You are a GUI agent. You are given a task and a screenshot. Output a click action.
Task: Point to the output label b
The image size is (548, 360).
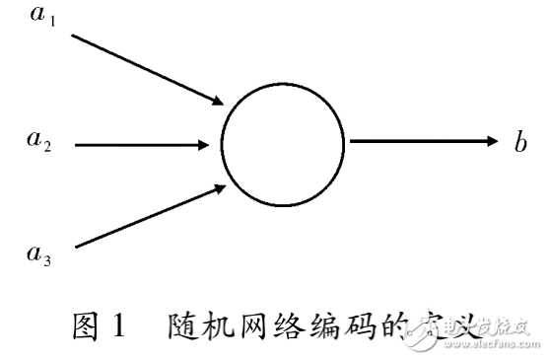pyautogui.click(x=519, y=142)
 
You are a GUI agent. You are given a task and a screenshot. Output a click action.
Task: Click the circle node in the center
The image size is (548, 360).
pyautogui.click(x=283, y=145)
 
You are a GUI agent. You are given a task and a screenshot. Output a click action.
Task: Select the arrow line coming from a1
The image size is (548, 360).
pyautogui.click(x=143, y=67)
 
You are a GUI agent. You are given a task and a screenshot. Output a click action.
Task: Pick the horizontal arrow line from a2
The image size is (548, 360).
pyautogui.click(x=138, y=145)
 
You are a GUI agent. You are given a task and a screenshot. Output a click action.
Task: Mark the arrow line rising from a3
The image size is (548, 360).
pyautogui.click(x=143, y=216)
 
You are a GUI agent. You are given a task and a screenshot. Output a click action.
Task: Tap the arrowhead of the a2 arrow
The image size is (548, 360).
pyautogui.click(x=203, y=145)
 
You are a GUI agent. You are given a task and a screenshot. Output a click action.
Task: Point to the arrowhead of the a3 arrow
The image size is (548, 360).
pyautogui.click(x=219, y=188)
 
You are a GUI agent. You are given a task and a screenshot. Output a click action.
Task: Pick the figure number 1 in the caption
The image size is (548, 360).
pyautogui.click(x=119, y=325)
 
